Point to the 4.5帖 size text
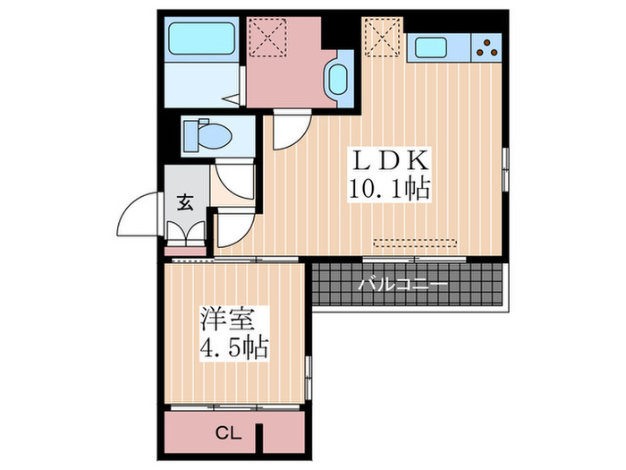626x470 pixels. point(234,346)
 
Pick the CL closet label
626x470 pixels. point(229,434)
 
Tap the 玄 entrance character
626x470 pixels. point(184,202)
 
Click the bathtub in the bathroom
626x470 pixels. point(200,38)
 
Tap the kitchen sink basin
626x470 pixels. point(436,47)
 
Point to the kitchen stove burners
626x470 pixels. point(488,47)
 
